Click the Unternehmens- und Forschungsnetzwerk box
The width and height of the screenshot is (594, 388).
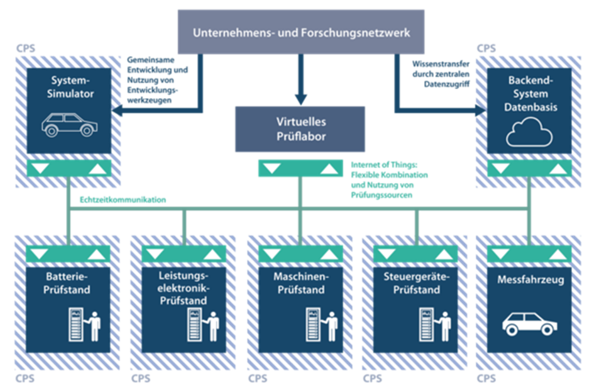pyautogui.click(x=300, y=31)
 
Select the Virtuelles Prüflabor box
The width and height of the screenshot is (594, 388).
pyautogui.click(x=300, y=129)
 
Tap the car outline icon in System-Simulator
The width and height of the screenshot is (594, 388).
pyautogui.click(x=70, y=125)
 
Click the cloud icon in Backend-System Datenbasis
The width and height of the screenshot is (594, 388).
pyautogui.click(x=529, y=133)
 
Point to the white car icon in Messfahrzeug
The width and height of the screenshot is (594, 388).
pyautogui.click(x=529, y=323)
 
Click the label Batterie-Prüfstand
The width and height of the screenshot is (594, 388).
pyautogui.click(x=69, y=284)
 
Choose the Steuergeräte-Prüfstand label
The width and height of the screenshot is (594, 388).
pyautogui.click(x=416, y=284)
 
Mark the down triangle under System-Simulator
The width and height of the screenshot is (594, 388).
pyautogui.click(x=40, y=168)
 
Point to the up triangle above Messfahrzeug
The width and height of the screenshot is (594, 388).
pyautogui.click(x=556, y=254)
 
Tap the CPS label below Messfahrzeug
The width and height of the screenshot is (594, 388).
pyautogui.click(x=487, y=379)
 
